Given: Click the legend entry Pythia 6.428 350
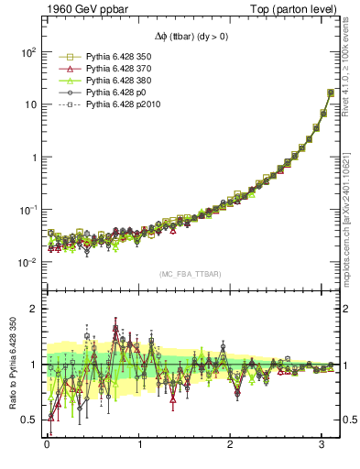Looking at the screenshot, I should coord(113,57).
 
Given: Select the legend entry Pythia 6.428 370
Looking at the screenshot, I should coord(113,69).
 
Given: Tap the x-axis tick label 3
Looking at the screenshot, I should coord(322,448).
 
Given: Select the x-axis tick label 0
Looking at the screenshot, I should coord(47,448).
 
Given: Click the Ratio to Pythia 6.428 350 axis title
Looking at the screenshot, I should coord(11,366).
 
